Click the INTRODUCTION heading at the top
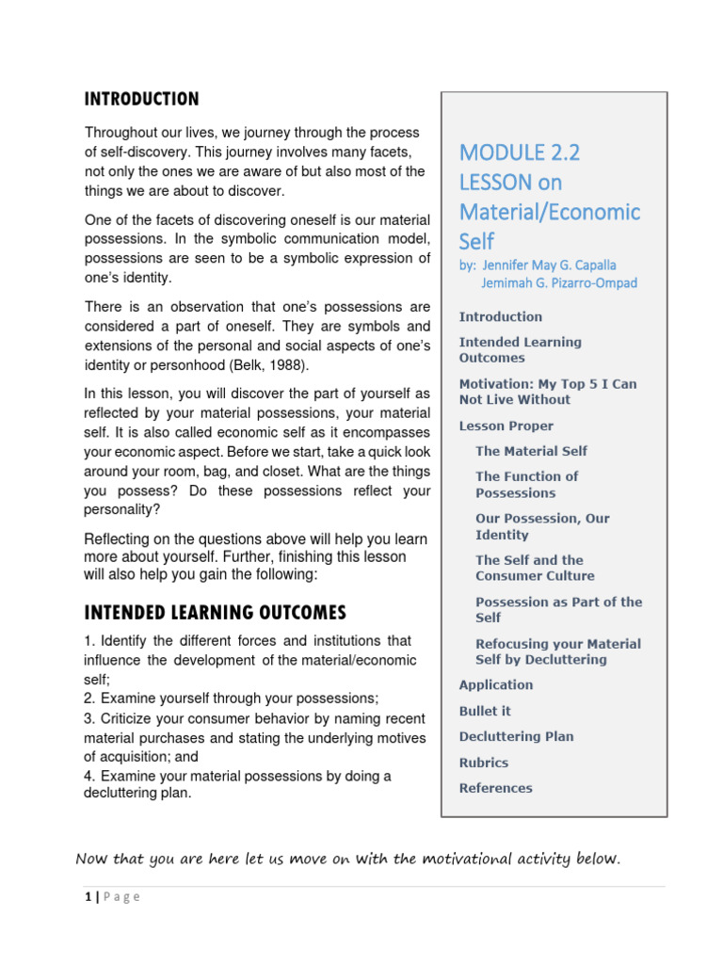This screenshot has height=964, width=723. click(142, 99)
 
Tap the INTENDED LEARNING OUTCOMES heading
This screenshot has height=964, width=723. click(216, 613)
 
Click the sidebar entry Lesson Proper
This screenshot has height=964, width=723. click(506, 426)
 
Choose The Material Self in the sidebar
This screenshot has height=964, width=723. click(531, 451)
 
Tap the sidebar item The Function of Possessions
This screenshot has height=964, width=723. click(526, 484)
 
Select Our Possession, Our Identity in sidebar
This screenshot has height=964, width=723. click(542, 526)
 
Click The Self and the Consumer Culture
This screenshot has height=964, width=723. click(535, 568)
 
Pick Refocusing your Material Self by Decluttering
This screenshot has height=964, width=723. click(557, 651)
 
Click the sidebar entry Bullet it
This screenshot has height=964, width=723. click(485, 711)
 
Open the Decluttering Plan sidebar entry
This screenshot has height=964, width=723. click(516, 736)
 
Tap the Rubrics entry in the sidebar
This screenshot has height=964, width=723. click(483, 763)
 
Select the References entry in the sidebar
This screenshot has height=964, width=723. click(495, 788)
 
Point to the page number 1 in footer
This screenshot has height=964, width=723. click(86, 897)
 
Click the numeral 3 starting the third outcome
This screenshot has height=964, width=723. click(88, 718)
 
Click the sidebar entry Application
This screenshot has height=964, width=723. click(495, 684)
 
